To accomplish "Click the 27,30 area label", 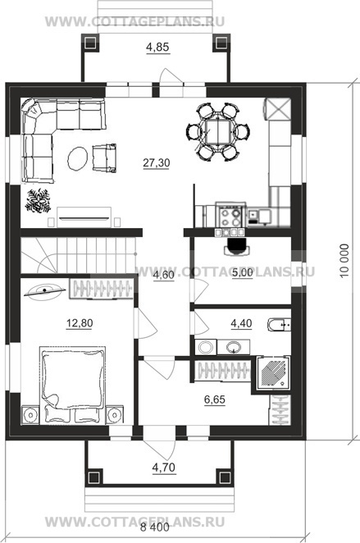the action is pyautogui.click(x=157, y=162).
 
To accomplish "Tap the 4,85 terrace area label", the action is pyautogui.click(x=157, y=47).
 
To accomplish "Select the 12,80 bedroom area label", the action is pyautogui.click(x=80, y=323).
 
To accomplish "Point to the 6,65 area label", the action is pyautogui.click(x=215, y=399).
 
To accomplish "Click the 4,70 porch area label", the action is pyautogui.click(x=164, y=468).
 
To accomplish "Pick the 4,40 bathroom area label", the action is pyautogui.click(x=241, y=323).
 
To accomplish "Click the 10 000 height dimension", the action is pyautogui.click(x=344, y=261).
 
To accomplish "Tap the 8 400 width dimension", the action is pyautogui.click(x=155, y=527).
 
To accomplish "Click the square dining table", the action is pyautogui.click(x=217, y=131).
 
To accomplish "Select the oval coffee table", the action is pyautogui.click(x=77, y=158).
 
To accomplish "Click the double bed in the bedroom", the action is pyautogui.click(x=73, y=385).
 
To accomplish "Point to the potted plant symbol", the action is pyautogui.click(x=38, y=200).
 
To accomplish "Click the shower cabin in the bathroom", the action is pyautogui.click(x=273, y=372).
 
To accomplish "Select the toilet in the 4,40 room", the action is pyautogui.click(x=280, y=325).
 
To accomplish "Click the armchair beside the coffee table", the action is pyautogui.click(x=104, y=157).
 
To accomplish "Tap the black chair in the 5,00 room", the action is pyautogui.click(x=236, y=246).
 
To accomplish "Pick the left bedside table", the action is pyautogui.click(x=30, y=414).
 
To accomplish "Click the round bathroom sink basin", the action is pyautogui.click(x=234, y=346).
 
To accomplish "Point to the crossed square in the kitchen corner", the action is pyautogui.click(x=278, y=109).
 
